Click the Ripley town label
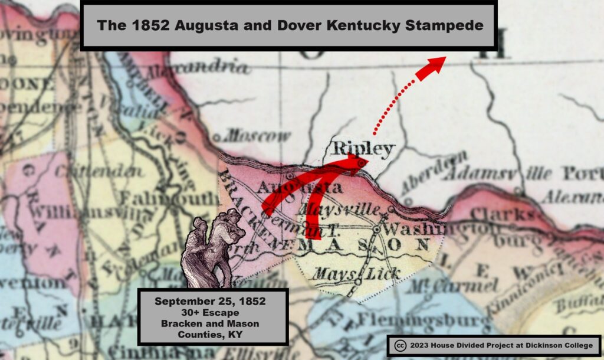point(362,148)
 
